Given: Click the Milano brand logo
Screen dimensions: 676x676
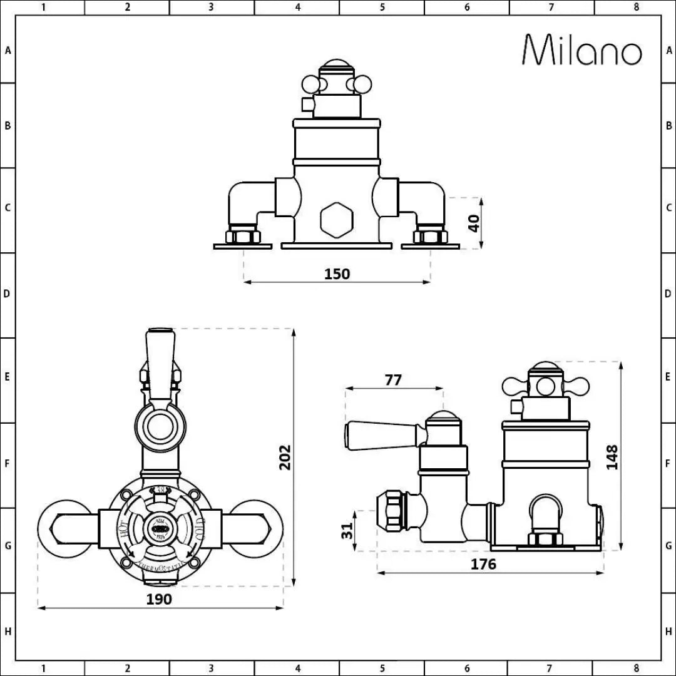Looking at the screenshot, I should [582, 49].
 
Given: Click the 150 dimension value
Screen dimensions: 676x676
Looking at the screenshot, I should [337, 274].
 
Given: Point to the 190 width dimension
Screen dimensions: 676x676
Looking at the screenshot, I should [159, 599].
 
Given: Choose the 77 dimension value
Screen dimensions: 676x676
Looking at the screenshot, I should [393, 380].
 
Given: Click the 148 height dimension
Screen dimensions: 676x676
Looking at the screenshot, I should [612, 457].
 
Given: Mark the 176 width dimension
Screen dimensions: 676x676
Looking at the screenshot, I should [483, 564].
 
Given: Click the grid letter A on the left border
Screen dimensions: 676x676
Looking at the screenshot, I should [8, 51].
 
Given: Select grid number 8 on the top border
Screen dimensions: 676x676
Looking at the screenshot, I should [636, 8].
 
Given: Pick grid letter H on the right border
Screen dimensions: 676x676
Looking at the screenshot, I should [668, 632].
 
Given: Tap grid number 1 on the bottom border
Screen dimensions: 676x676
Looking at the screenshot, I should [43, 668].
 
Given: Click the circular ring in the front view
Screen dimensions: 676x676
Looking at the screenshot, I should [161, 426].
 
